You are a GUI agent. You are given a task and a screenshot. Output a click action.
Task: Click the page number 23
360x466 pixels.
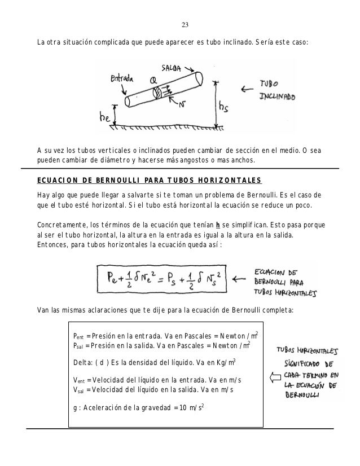[185, 25]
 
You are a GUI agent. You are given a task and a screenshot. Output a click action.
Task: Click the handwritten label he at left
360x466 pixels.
[105, 118]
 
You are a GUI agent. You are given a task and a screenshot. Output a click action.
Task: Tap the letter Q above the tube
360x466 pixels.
[153, 81]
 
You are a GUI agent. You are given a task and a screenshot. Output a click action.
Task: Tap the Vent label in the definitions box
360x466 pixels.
[80, 380]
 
